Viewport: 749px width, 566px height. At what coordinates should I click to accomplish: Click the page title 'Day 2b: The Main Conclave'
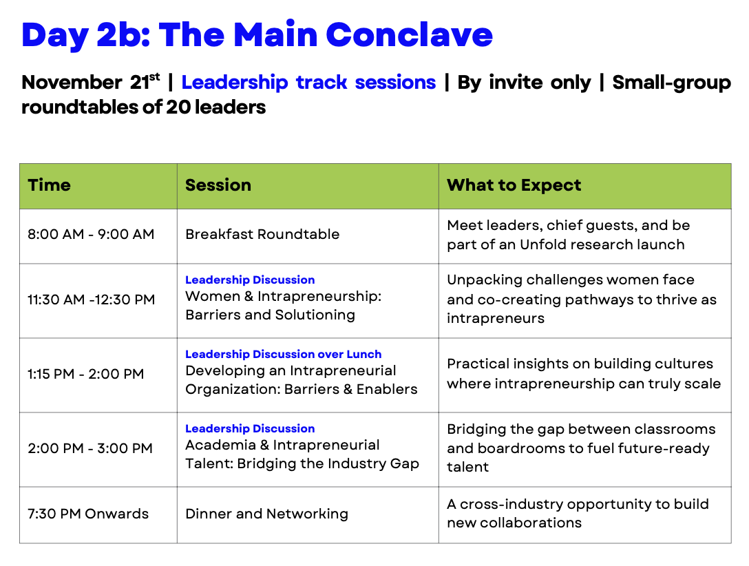[257, 35]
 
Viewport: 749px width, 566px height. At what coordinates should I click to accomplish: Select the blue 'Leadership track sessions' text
[308, 82]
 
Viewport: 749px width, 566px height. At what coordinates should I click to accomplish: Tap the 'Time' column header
[49, 185]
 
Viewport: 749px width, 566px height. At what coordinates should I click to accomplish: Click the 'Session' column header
[218, 185]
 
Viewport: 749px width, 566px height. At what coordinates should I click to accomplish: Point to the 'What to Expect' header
[514, 185]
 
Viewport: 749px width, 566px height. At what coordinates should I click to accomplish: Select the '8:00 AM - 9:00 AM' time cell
[91, 234]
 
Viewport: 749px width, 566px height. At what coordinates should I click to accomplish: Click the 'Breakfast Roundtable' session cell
[262, 234]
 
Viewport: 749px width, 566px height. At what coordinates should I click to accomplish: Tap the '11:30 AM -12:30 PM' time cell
[92, 300]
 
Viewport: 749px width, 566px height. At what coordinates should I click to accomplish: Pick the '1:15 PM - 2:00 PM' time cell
[85, 374]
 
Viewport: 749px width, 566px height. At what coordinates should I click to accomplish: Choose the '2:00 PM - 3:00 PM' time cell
[89, 448]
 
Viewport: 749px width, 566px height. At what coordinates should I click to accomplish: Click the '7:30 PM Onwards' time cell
[88, 514]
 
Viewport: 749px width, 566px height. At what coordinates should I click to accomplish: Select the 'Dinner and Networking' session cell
[266, 514]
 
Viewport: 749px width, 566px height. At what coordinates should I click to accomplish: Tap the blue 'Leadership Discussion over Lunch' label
[283, 354]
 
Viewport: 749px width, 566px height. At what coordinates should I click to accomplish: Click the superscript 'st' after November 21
[154, 76]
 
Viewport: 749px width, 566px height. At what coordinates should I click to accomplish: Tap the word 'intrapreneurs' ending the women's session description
[496, 319]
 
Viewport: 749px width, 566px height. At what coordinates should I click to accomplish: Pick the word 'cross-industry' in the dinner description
[508, 505]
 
